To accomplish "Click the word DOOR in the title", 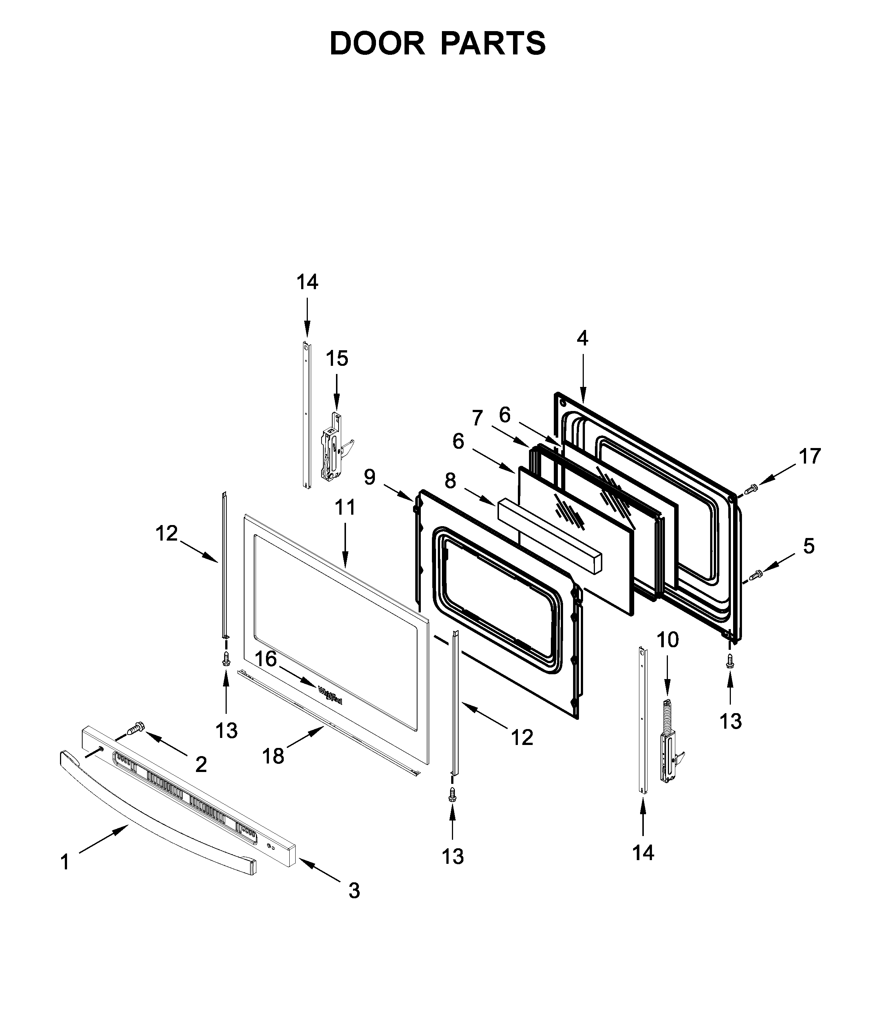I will (377, 44).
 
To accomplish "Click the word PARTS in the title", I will (493, 44).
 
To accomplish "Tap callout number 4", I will (582, 338).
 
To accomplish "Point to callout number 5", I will (809, 546).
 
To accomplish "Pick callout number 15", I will (337, 358).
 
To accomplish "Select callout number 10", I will (668, 640).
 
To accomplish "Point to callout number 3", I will (354, 890).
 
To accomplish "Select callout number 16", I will (265, 659).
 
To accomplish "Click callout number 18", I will (273, 756).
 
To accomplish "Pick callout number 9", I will (370, 477).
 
